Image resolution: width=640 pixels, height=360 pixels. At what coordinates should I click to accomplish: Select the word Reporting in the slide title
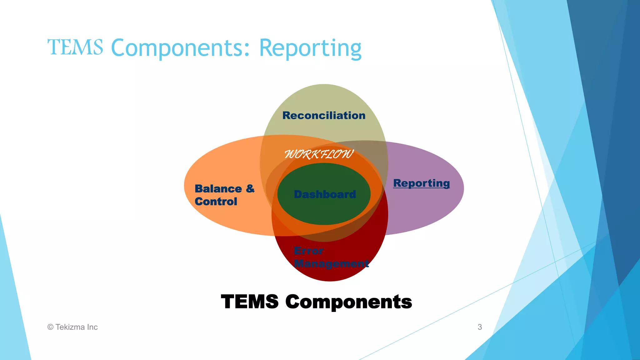click(x=310, y=48)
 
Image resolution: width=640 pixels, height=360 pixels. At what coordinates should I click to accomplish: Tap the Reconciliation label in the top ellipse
click(x=324, y=115)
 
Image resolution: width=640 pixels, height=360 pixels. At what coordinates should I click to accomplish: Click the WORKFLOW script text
click(x=319, y=154)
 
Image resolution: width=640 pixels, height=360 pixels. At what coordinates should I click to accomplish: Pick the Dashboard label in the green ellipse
click(x=325, y=194)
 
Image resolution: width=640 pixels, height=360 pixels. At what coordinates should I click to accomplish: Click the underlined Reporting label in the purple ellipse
click(x=421, y=183)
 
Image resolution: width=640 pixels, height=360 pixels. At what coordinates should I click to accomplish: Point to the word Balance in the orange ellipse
click(x=218, y=189)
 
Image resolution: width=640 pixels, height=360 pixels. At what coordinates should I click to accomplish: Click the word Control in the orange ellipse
click(x=216, y=202)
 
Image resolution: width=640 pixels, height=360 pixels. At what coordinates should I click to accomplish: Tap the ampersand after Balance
click(x=250, y=188)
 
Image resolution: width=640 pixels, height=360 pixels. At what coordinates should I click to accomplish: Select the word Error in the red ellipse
click(x=308, y=251)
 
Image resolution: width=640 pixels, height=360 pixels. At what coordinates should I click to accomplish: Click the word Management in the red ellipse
click(x=331, y=263)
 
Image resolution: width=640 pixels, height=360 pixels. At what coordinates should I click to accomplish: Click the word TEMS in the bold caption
click(x=249, y=302)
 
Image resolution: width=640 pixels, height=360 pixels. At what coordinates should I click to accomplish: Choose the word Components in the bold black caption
click(x=348, y=302)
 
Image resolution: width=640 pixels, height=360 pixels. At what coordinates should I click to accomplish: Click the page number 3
click(x=480, y=327)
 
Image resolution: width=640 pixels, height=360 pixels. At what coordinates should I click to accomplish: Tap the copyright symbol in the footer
click(x=50, y=327)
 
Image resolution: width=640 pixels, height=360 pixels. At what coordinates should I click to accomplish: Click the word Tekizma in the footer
click(x=70, y=327)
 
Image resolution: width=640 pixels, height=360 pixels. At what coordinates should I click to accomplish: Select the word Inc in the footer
click(x=92, y=327)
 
